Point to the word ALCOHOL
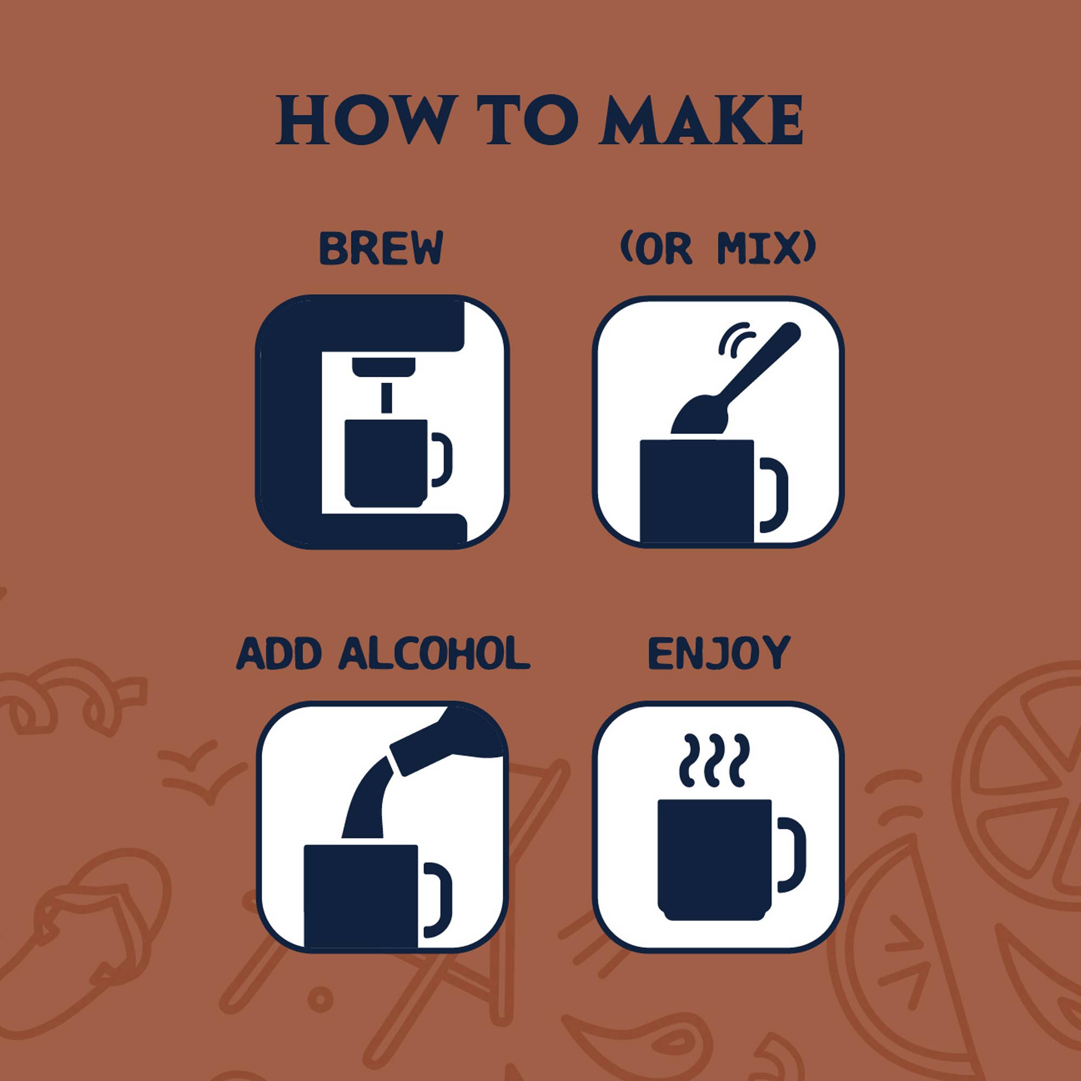click(434, 653)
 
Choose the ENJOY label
click(718, 653)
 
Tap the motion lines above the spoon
click(735, 338)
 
